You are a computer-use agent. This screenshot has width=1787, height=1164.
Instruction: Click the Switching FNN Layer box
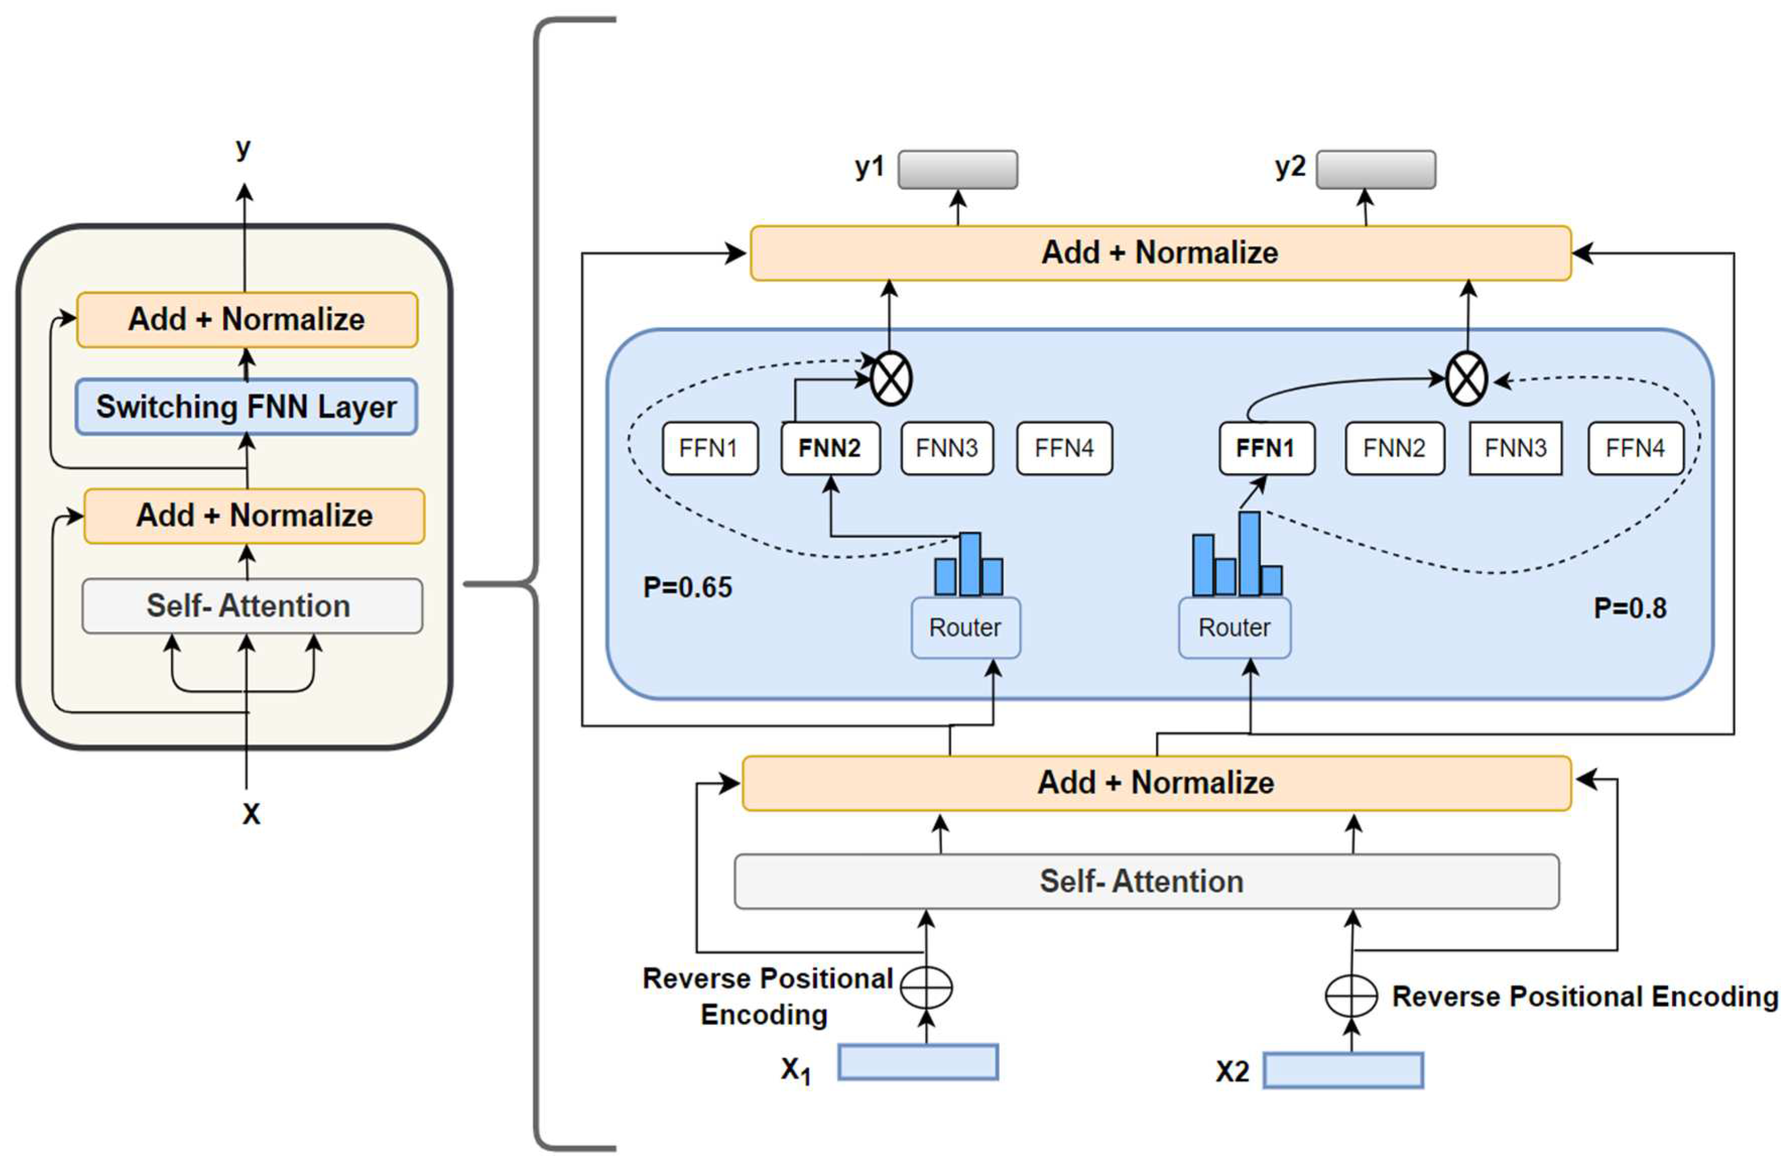(x=246, y=406)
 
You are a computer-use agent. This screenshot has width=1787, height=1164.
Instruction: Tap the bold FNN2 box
(x=829, y=448)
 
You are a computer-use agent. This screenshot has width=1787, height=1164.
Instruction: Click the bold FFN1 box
(x=1266, y=448)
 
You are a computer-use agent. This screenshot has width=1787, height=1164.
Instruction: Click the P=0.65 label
(x=687, y=587)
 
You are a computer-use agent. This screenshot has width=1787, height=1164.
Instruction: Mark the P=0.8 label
(x=1629, y=608)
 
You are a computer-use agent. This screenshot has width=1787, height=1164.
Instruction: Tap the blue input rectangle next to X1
(x=918, y=1062)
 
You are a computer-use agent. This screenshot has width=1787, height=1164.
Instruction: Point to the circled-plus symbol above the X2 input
(x=1351, y=996)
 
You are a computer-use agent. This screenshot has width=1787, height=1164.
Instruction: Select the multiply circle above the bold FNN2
(x=890, y=378)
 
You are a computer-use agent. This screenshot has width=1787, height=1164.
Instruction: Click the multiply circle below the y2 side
(x=1466, y=378)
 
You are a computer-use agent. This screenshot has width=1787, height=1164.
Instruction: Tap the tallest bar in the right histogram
(x=1249, y=553)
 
